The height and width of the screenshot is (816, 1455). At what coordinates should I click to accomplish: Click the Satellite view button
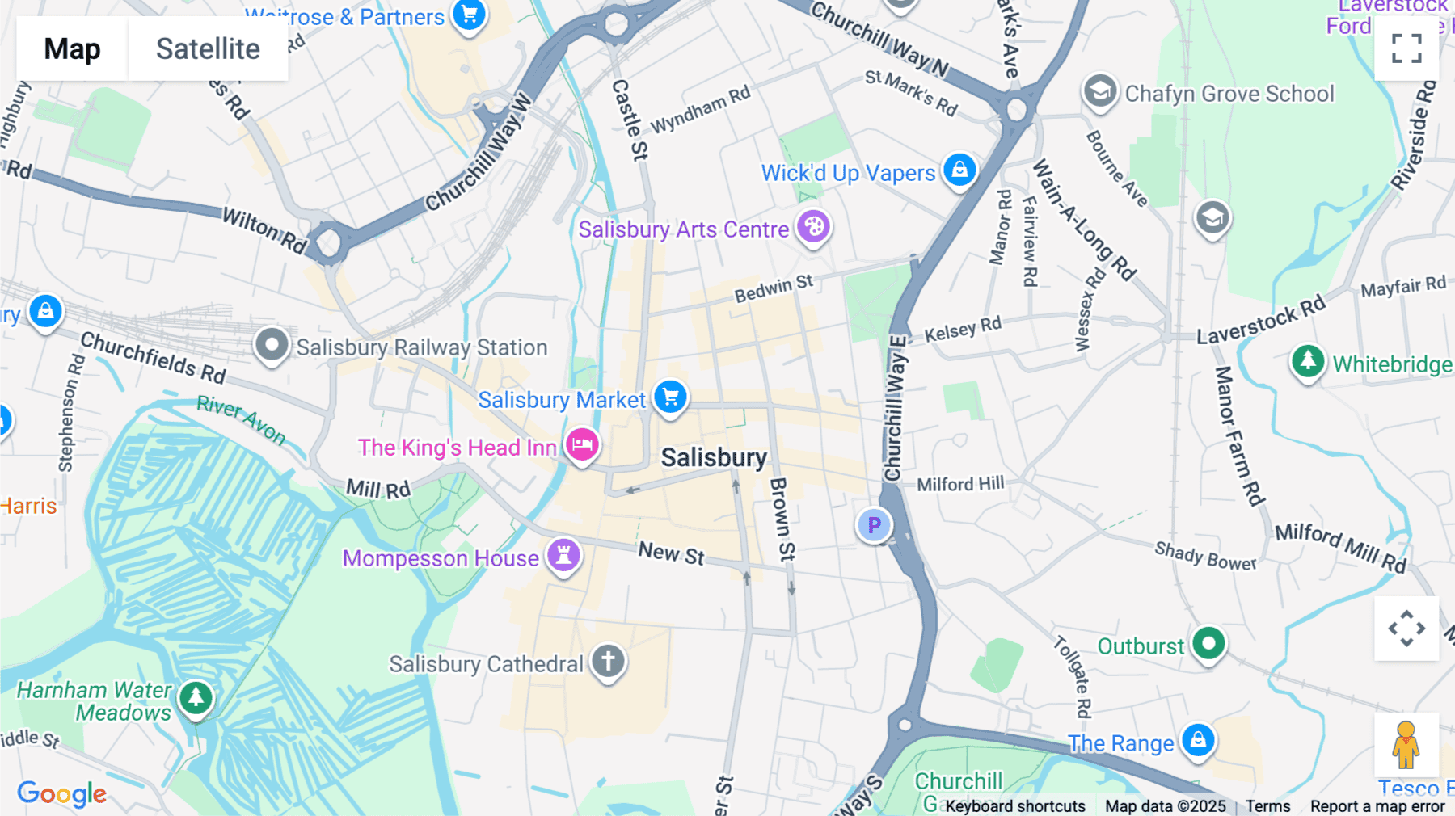[x=208, y=49]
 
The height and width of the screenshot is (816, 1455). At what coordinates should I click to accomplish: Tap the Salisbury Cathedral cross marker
[x=608, y=662]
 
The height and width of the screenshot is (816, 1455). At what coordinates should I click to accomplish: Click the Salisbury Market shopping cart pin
[x=670, y=397]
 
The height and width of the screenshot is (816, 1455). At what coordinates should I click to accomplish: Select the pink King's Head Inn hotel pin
[x=582, y=444]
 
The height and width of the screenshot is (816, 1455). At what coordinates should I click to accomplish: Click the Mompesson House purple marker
[x=563, y=555]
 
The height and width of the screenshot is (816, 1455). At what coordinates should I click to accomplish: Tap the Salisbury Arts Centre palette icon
[x=813, y=227]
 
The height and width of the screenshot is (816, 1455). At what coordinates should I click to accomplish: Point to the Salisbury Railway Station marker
[x=272, y=345]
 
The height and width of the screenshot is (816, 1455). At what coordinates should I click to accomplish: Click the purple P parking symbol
[x=874, y=525]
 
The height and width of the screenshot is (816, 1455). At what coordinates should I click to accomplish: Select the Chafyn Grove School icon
[x=1100, y=92]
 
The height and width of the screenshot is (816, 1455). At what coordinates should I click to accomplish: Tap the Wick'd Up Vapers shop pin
[x=959, y=170]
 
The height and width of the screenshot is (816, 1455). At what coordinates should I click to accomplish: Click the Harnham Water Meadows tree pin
[x=196, y=698]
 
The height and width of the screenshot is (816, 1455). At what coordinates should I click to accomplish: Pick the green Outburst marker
[x=1208, y=644]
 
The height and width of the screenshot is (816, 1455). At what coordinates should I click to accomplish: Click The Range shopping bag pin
[x=1198, y=740]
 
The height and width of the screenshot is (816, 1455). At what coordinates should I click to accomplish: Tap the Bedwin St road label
[x=774, y=288]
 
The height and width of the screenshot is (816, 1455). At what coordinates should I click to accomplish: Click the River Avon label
[x=242, y=420]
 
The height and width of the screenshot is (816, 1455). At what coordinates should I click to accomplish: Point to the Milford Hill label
[x=960, y=484]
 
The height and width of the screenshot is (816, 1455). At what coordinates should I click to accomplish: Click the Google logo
[x=62, y=793]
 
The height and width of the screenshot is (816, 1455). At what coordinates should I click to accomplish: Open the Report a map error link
[x=1377, y=806]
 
